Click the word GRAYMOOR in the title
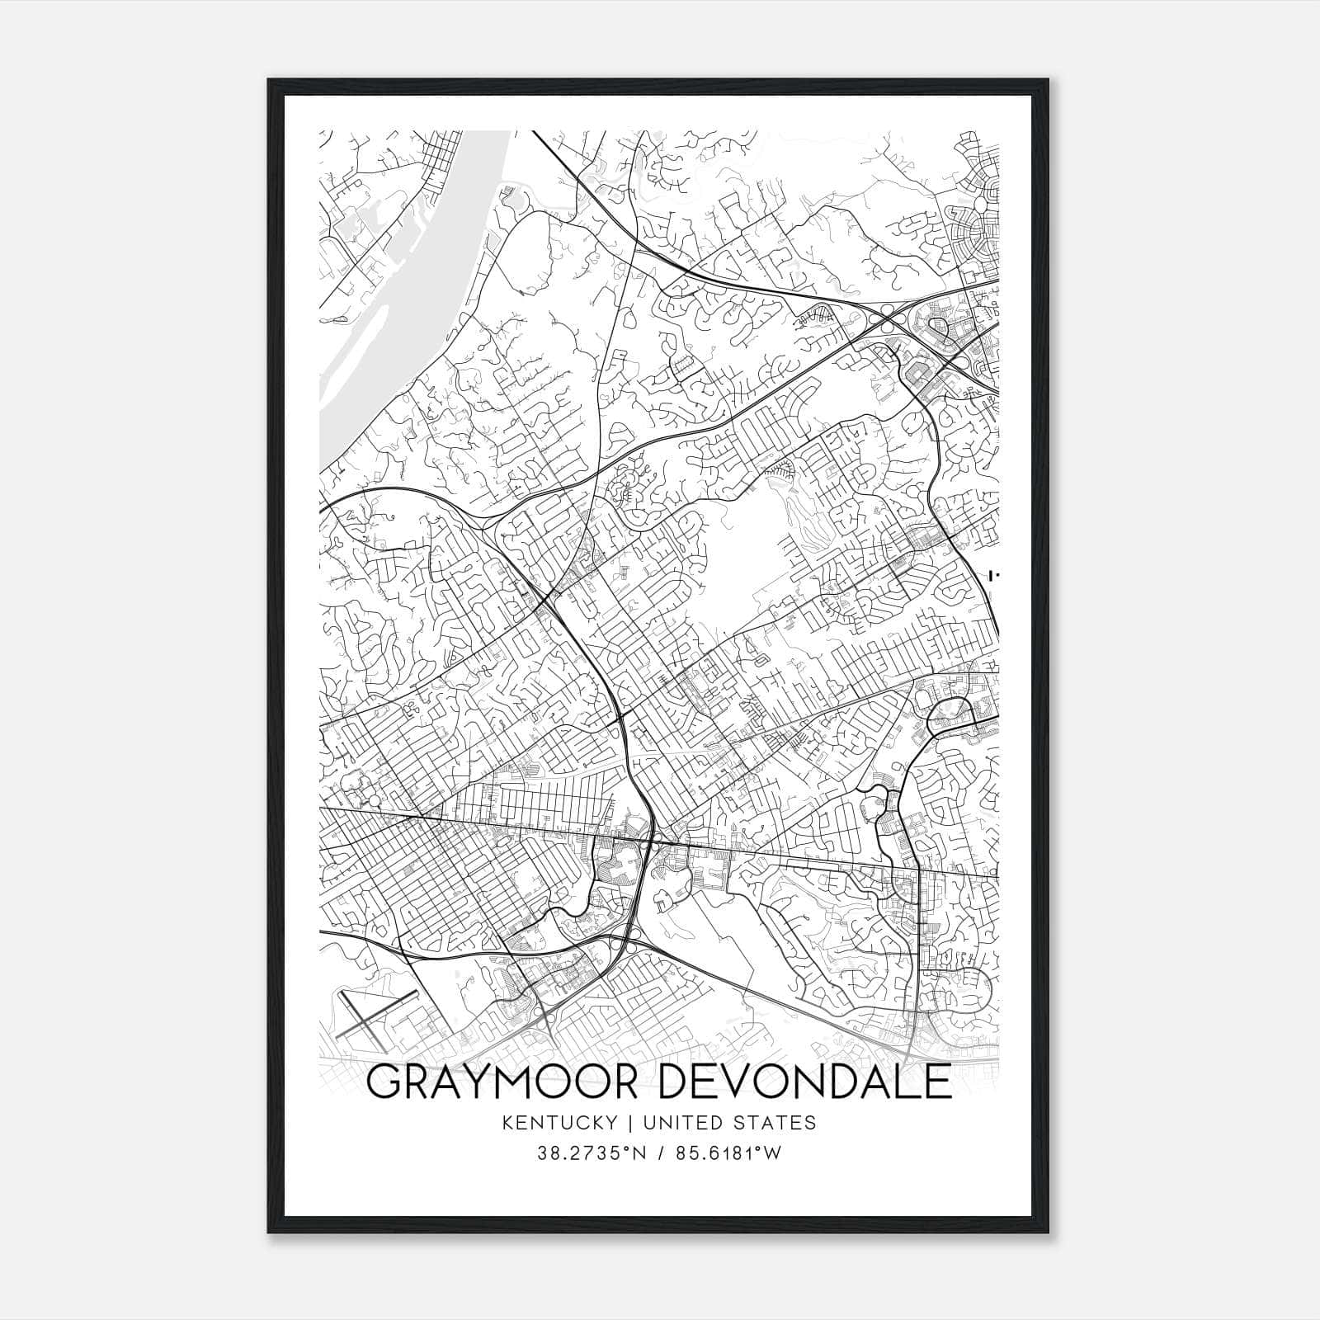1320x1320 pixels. coord(500,1082)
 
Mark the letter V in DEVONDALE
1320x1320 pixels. coord(731,1082)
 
